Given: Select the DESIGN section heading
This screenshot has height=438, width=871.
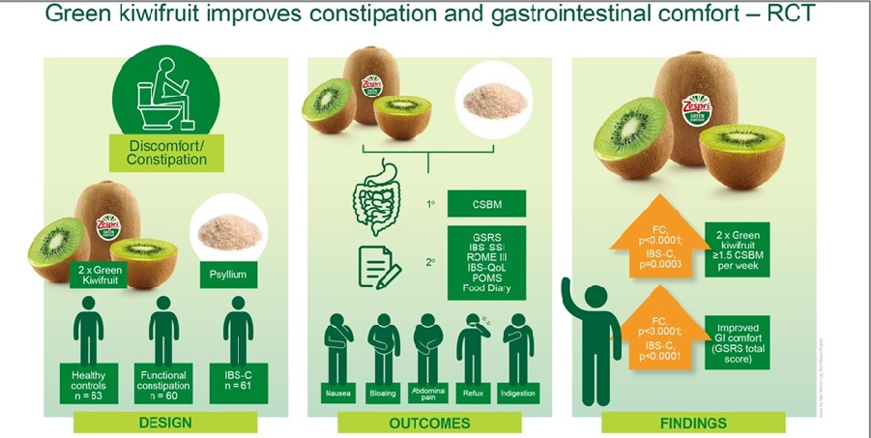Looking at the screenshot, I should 166,423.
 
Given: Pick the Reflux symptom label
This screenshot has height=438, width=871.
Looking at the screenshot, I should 475,394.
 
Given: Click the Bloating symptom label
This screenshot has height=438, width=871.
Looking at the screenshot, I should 383,394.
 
